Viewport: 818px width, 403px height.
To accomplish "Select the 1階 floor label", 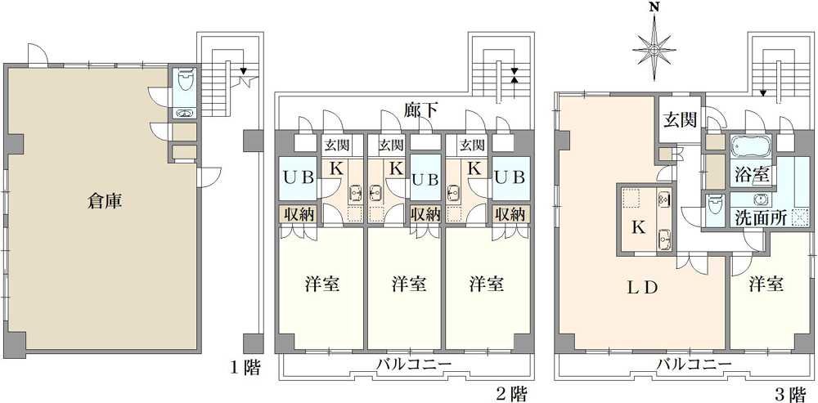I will [244, 368].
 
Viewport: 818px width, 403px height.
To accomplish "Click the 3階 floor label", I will [789, 393].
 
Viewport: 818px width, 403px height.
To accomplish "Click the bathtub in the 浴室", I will [751, 147].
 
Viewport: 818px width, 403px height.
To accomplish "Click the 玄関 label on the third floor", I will [679, 121].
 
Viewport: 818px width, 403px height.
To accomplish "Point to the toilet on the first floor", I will [186, 83].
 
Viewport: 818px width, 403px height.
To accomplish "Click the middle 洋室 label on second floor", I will [407, 284].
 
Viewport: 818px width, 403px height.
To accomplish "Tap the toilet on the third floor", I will [715, 204].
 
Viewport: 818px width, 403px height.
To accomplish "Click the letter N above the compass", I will [654, 8].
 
